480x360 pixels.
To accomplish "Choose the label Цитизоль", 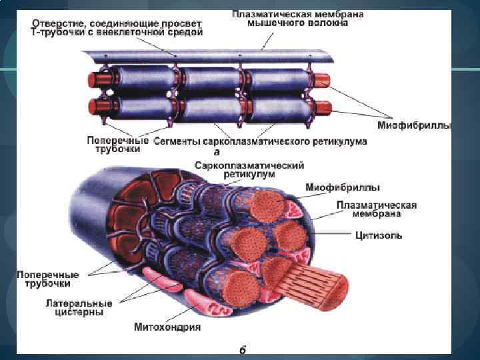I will click(x=377, y=235).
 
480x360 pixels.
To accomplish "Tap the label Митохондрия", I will click(x=167, y=327).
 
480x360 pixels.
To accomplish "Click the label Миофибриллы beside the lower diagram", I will click(x=343, y=187).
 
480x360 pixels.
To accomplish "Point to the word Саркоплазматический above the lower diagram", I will click(x=250, y=164).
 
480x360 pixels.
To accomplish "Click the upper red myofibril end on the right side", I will click(x=322, y=81).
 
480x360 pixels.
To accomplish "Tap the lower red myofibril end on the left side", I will click(x=92, y=107).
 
